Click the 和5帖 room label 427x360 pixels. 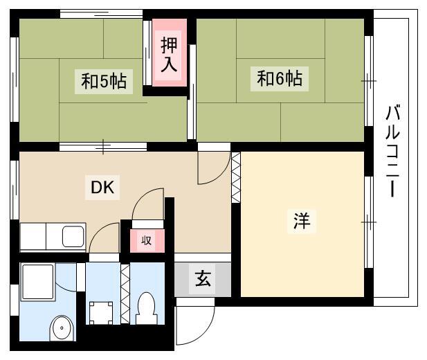104,81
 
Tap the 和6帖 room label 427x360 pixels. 280,78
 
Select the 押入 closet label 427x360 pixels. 169,55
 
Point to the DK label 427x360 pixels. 102,188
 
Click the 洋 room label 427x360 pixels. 302,221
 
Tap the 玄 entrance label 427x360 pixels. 203,278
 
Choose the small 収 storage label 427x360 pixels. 146,241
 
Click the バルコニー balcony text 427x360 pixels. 392,151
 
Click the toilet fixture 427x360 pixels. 147,309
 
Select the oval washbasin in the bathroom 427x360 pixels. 62,328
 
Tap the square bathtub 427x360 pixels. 38,282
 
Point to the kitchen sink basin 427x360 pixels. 73,237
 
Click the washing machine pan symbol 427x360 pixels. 101,313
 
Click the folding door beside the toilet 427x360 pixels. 125,294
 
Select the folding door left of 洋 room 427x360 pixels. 236,177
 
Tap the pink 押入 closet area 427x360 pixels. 170,53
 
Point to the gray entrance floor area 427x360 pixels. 203,279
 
